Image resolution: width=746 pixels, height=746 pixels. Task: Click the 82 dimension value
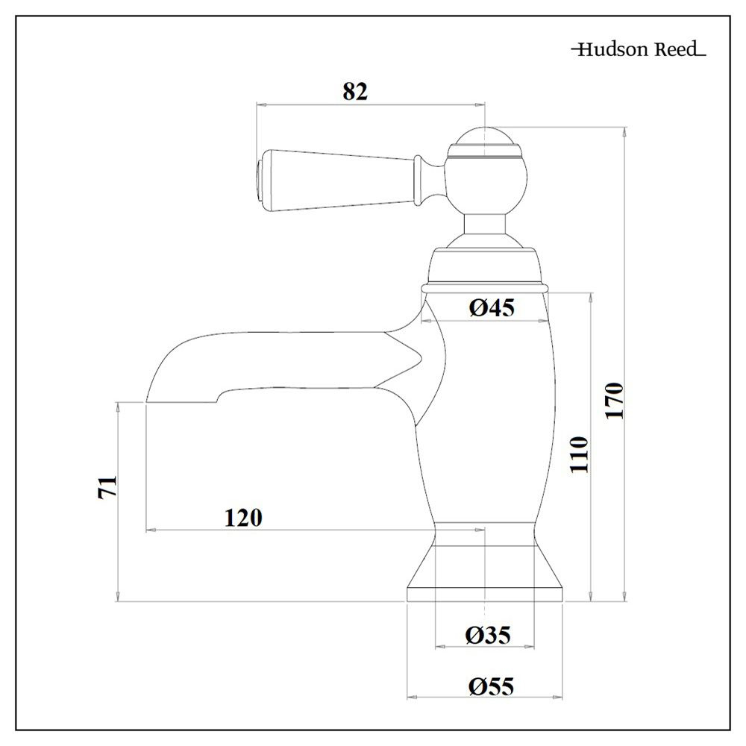pyautogui.click(x=356, y=91)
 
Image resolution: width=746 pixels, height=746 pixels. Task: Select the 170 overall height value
pyautogui.click(x=613, y=401)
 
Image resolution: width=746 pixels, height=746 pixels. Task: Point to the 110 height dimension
pyautogui.click(x=580, y=454)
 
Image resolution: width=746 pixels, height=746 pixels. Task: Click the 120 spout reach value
pyautogui.click(x=243, y=517)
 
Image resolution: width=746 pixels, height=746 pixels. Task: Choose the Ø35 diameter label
pyautogui.click(x=488, y=635)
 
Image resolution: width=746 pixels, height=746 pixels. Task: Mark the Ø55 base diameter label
pyautogui.click(x=492, y=686)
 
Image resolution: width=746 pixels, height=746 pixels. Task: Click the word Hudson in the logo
pyautogui.click(x=609, y=50)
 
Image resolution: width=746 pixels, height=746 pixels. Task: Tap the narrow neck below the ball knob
pyautogui.click(x=486, y=224)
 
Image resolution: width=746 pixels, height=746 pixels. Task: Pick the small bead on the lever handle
pyautogui.click(x=423, y=179)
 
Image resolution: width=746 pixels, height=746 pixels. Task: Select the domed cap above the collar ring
pyautogui.click(x=486, y=265)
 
